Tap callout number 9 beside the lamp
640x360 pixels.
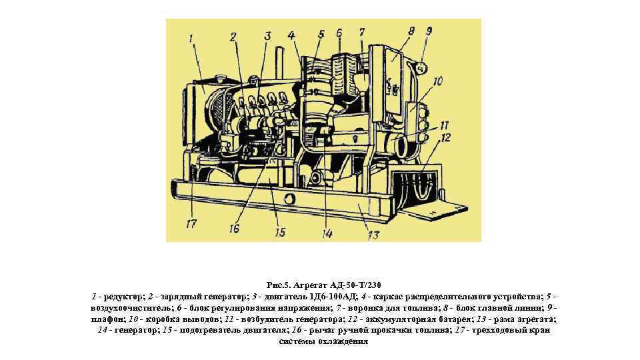pyautogui.click(x=429, y=31)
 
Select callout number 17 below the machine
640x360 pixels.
pyautogui.click(x=191, y=224)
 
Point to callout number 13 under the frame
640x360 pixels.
pyautogui.click(x=373, y=235)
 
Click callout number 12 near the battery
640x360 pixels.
pyautogui.click(x=446, y=137)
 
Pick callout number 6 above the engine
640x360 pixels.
pyautogui.click(x=339, y=33)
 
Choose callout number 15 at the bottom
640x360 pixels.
pyautogui.click(x=279, y=232)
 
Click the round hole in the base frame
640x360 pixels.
pyautogui.click(x=289, y=199)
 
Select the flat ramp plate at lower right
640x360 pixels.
pyautogui.click(x=434, y=210)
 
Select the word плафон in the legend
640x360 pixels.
pyautogui.click(x=107, y=319)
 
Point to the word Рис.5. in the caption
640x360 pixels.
pyautogui.click(x=278, y=285)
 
